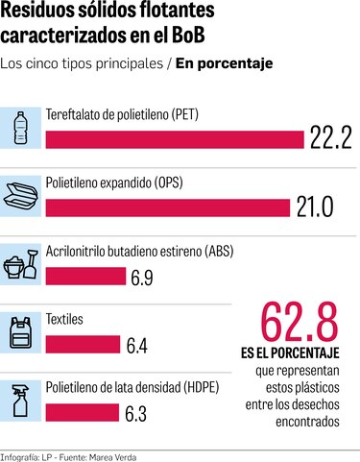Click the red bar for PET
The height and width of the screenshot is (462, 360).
(x=174, y=138)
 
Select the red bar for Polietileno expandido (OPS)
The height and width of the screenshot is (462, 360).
(x=166, y=206)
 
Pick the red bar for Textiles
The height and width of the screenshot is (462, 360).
(x=82, y=344)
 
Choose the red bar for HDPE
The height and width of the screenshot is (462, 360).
(x=81, y=413)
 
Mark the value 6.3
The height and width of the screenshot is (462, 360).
(x=141, y=413)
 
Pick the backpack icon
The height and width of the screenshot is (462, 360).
(x=22, y=330)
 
